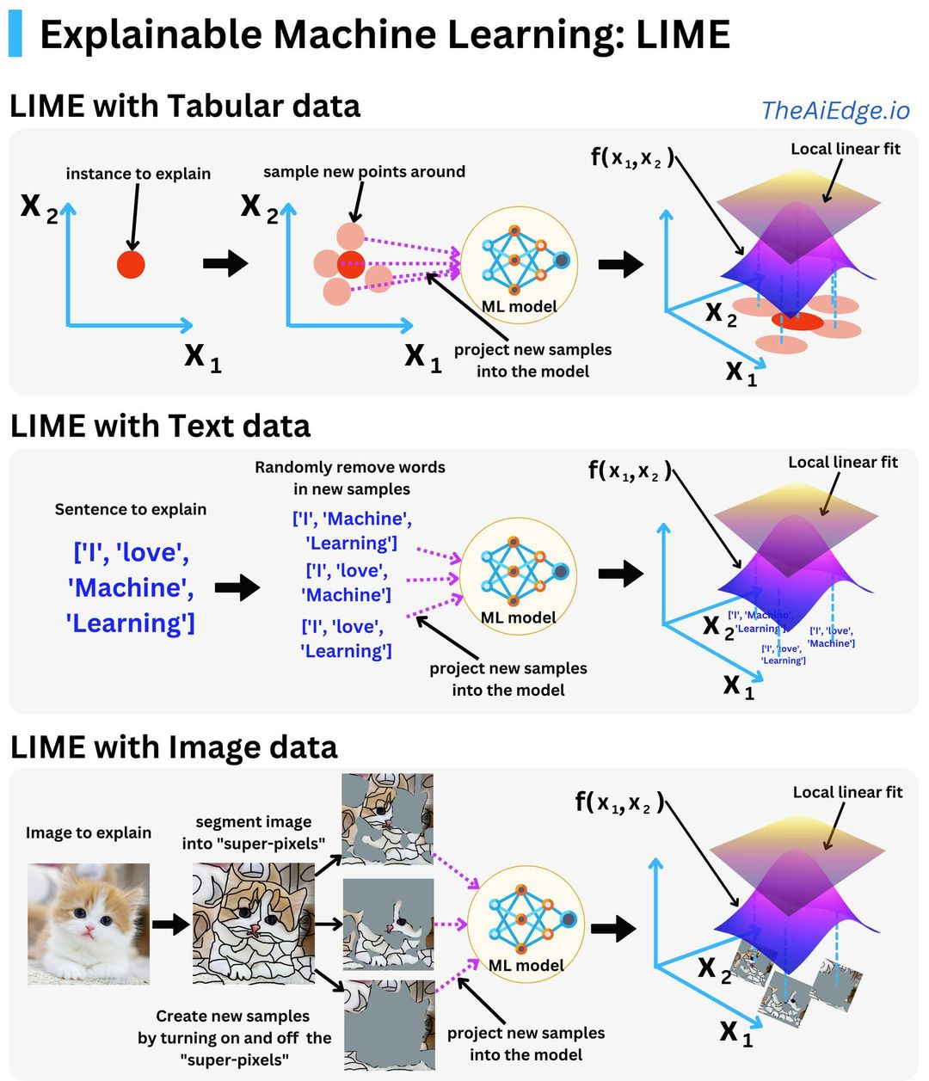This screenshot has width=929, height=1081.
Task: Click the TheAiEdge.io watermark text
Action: [834, 110]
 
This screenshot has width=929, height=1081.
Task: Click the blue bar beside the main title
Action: [15, 34]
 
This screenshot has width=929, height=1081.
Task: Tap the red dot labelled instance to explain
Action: [131, 265]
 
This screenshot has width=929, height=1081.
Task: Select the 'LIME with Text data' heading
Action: [160, 427]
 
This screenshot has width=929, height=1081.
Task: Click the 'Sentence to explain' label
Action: [131, 509]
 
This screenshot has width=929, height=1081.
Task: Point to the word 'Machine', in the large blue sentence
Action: [130, 587]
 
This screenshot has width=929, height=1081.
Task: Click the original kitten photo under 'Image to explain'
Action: [89, 924]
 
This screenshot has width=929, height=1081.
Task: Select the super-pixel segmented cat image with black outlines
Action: [253, 924]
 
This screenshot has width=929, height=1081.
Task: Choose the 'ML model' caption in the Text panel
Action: [518, 617]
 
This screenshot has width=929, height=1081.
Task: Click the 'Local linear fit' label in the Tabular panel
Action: [846, 149]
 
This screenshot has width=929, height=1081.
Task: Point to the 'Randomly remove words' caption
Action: [350, 467]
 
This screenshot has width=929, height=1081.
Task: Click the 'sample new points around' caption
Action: [364, 171]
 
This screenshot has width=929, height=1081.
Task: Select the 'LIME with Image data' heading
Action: [174, 746]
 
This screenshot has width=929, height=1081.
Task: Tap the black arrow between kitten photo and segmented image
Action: [170, 924]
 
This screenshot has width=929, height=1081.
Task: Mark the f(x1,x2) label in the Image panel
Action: [619, 802]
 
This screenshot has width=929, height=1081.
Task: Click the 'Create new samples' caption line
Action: [232, 1016]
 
